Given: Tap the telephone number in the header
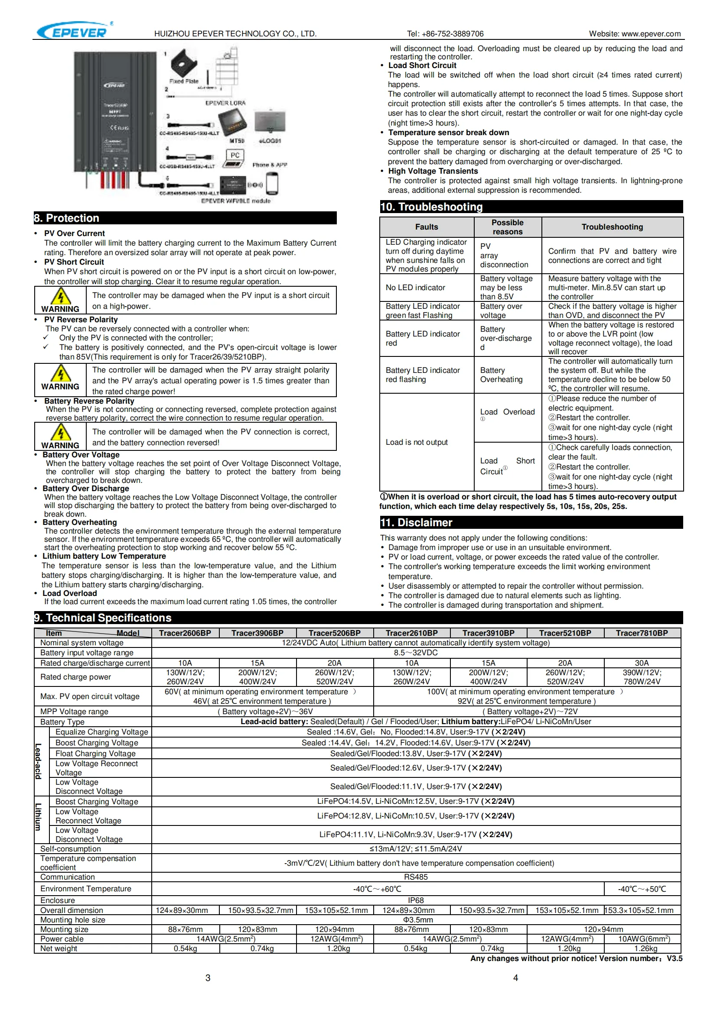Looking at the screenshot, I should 445,34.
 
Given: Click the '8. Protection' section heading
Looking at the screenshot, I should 67,218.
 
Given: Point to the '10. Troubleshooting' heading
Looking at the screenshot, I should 431,207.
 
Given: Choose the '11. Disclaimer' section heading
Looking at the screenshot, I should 416,522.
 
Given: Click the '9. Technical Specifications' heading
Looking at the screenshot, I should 102,618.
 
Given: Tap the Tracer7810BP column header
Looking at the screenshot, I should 642,633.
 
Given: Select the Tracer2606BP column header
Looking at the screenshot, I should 185,633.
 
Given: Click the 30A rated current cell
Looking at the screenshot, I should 642,663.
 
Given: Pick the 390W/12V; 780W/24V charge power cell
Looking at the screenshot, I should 642,677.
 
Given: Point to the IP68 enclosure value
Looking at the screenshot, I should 415,900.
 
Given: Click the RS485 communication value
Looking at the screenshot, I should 415,877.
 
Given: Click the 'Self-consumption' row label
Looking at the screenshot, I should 71,848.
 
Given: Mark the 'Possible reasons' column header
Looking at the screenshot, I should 507,227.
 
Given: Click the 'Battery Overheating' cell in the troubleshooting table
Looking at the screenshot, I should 501,375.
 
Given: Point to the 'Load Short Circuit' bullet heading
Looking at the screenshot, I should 422,65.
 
